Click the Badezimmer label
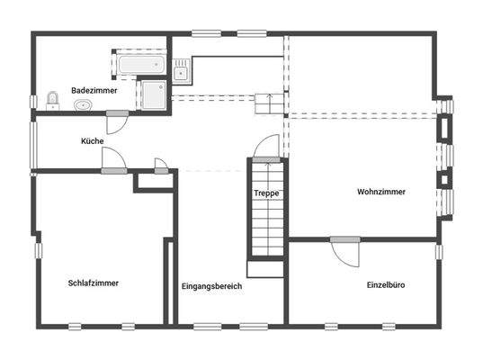click(x=93, y=90)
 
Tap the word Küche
click(x=92, y=141)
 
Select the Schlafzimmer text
click(x=94, y=283)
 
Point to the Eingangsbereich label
click(x=211, y=286)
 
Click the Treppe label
click(x=265, y=193)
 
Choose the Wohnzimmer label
click(x=380, y=192)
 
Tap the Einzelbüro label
click(x=385, y=284)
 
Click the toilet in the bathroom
click(x=50, y=99)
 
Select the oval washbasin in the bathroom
click(x=84, y=105)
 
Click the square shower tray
click(x=153, y=94)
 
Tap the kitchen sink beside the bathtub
click(x=182, y=69)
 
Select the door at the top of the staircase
click(x=266, y=149)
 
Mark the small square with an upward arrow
click(x=265, y=103)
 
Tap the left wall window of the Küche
click(x=33, y=144)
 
